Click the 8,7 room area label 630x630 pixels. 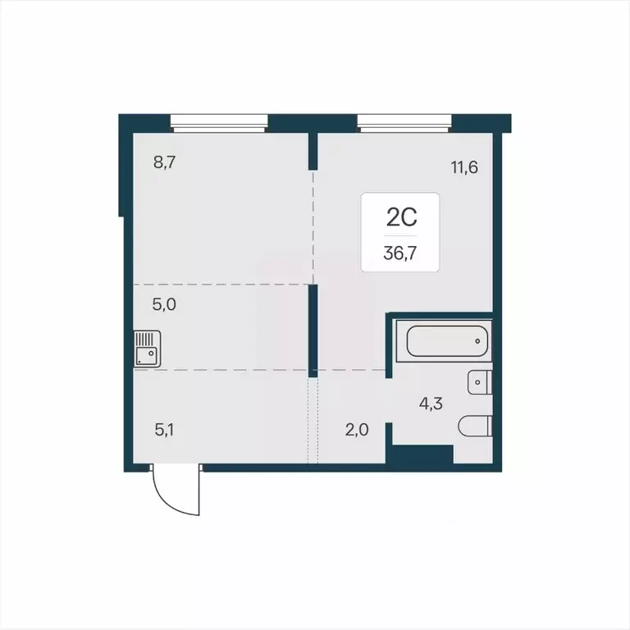click(165, 161)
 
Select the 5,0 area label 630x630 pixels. click(165, 304)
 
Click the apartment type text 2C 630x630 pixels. click(400, 217)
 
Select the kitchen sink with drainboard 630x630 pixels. click(147, 349)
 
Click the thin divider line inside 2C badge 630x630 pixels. click(400, 235)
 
